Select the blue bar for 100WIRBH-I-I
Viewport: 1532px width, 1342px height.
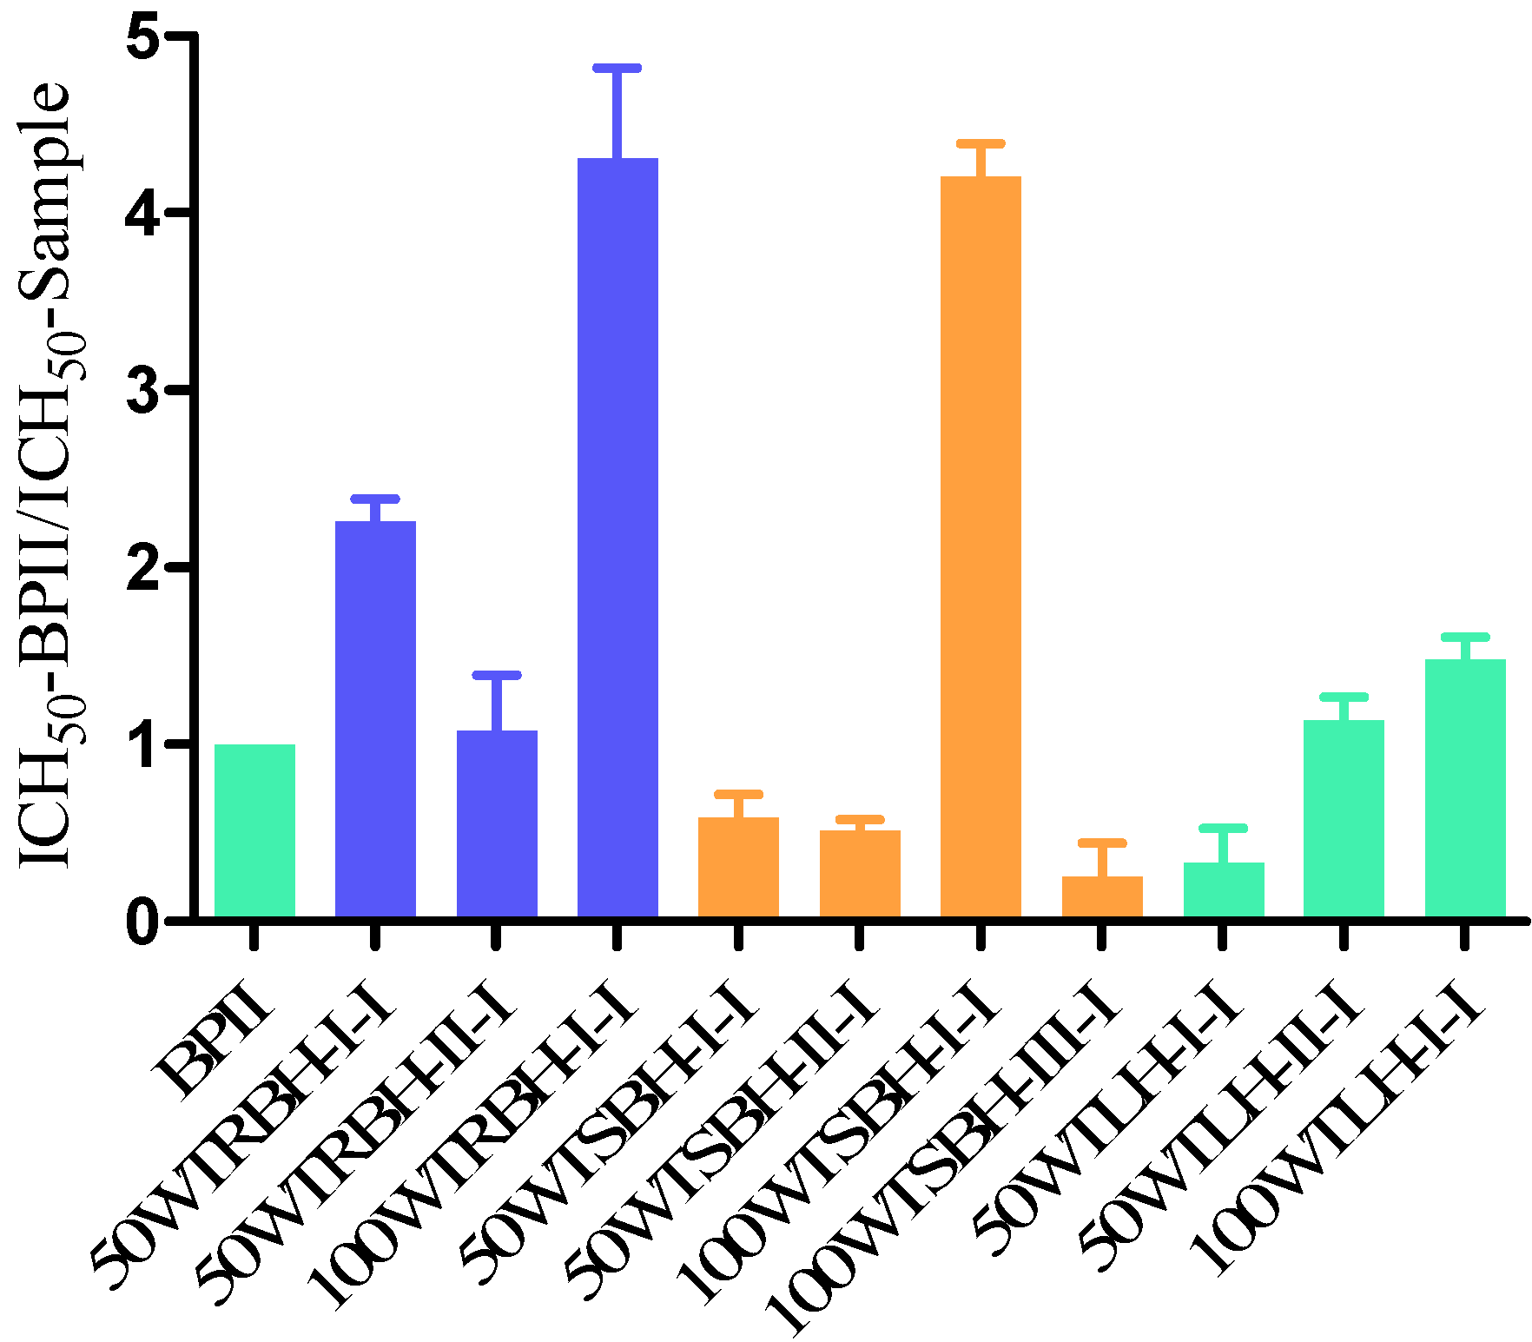pos(617,539)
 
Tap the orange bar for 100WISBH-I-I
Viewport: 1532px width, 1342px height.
pos(981,547)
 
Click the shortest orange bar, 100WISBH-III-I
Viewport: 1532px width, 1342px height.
pos(1102,896)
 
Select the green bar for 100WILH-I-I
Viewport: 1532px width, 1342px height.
pos(1465,788)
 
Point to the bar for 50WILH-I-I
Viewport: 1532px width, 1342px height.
pos(1223,889)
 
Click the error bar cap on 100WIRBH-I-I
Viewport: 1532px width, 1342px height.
pos(617,68)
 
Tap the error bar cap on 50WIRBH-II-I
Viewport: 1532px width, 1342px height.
pos(497,675)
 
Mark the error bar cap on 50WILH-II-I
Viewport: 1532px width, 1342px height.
pos(1344,697)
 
